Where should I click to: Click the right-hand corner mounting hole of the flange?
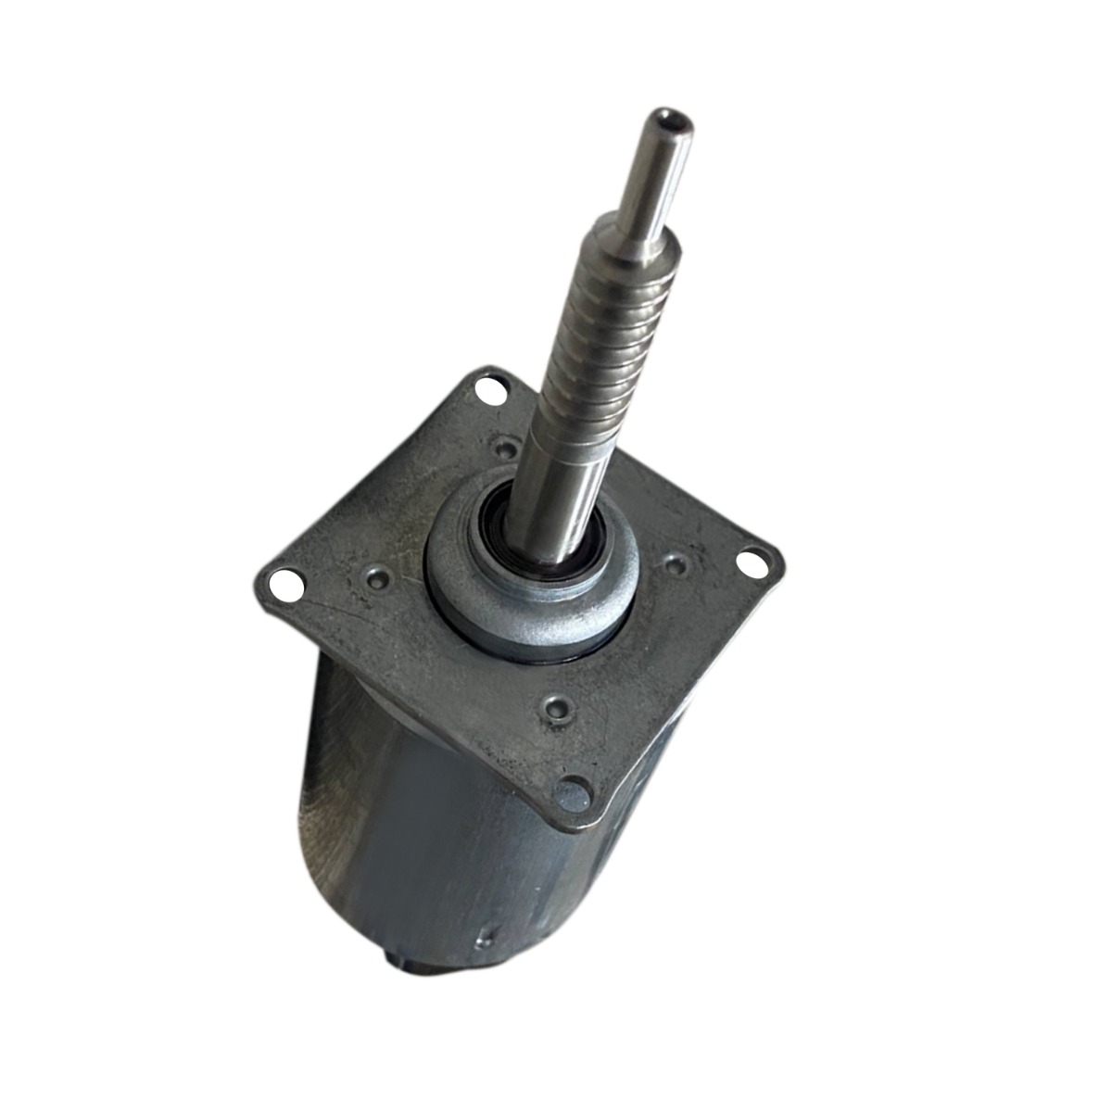pos(752,560)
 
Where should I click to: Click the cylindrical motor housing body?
pos(436,834)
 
